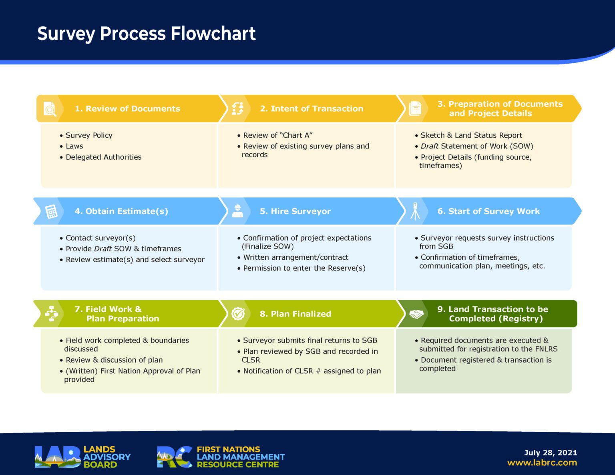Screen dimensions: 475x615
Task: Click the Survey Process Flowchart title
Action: point(146,34)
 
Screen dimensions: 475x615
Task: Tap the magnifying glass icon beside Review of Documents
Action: point(50,109)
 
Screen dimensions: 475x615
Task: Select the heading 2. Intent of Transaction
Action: point(312,109)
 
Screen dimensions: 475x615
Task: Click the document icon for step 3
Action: point(415,108)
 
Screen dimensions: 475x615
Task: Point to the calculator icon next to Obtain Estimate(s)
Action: point(51,211)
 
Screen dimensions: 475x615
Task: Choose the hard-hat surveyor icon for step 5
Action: point(237,211)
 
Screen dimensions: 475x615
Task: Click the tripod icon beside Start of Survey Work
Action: point(415,211)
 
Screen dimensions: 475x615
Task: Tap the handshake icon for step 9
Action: point(416,314)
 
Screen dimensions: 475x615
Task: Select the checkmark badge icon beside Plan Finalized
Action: point(238,314)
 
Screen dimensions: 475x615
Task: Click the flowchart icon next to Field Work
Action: point(51,314)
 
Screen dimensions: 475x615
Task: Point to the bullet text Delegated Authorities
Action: point(103,157)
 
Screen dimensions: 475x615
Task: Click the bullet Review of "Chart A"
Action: point(277,136)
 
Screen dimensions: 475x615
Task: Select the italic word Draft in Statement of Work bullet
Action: point(429,146)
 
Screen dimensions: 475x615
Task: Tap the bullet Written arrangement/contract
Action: point(295,257)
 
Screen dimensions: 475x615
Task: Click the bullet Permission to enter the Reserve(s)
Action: point(304,268)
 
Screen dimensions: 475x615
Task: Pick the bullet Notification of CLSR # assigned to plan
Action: point(312,371)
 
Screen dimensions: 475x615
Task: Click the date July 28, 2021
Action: point(551,453)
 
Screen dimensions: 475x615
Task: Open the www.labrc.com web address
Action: point(542,463)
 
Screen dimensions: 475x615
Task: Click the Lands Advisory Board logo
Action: point(82,457)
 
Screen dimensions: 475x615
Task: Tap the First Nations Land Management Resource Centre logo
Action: point(221,457)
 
